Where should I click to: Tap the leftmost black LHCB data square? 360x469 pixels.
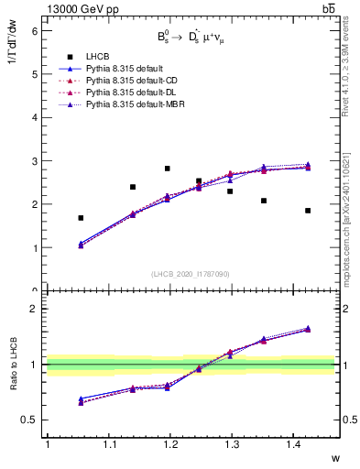(x=81, y=218)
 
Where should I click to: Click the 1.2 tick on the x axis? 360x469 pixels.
(x=169, y=445)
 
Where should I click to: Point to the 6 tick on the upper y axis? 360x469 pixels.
(x=35, y=30)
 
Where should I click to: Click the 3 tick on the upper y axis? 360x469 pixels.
(x=35, y=161)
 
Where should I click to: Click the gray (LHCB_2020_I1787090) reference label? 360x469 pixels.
(x=191, y=274)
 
